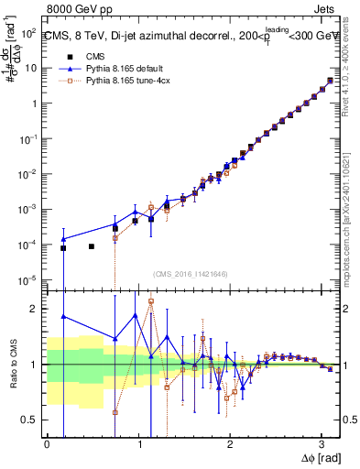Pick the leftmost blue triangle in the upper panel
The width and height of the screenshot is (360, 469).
[63, 238]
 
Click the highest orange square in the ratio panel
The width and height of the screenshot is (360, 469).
[151, 300]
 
